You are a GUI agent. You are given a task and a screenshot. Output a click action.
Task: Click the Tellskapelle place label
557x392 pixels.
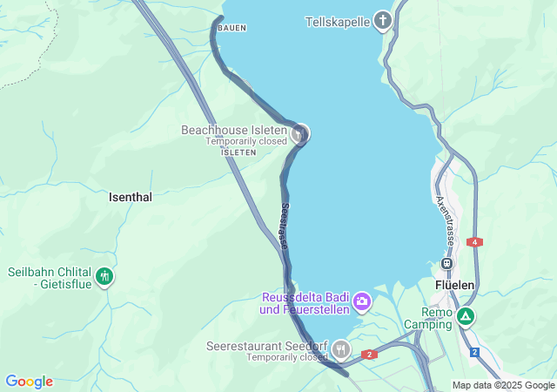(339, 21)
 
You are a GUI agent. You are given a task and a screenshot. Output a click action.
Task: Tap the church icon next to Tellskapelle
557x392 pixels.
(384, 21)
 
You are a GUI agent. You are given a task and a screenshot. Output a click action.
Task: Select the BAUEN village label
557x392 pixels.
(232, 29)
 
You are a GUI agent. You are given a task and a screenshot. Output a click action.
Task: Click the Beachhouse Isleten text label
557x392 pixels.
(233, 130)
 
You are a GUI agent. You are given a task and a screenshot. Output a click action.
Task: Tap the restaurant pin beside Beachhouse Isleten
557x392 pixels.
(300, 133)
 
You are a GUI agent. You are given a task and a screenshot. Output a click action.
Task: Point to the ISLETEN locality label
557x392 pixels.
(238, 152)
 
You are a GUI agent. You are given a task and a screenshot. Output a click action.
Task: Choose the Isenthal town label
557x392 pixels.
(131, 198)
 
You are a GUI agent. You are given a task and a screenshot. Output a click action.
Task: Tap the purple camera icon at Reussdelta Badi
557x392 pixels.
(361, 303)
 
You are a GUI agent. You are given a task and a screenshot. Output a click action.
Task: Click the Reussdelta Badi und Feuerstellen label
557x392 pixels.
(305, 303)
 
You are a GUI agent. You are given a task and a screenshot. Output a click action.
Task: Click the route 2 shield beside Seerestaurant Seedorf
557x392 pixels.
(369, 354)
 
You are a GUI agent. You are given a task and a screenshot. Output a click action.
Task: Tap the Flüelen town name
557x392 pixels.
(454, 285)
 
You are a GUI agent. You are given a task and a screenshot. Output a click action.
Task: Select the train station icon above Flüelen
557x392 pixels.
(447, 263)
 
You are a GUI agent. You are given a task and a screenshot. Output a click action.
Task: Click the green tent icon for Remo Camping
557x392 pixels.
(466, 317)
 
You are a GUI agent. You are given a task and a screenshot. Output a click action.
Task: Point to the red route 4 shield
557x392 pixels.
(475, 241)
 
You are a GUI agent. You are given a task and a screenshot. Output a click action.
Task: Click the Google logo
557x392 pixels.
(29, 382)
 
